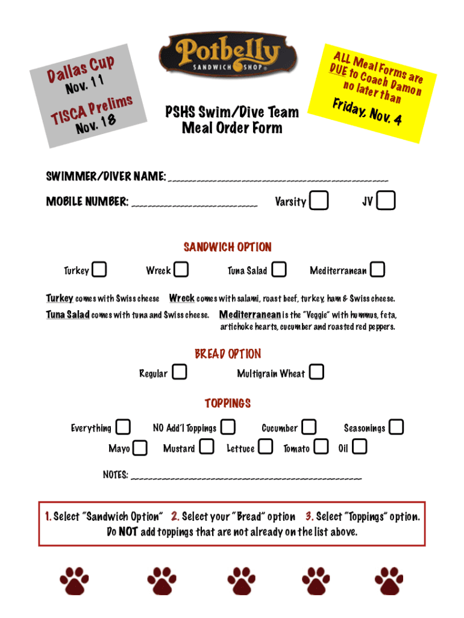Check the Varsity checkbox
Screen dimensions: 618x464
click(319, 201)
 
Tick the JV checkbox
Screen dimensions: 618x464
click(386, 201)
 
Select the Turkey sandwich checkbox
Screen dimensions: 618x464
click(100, 270)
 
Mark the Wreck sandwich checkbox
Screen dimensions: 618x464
click(181, 270)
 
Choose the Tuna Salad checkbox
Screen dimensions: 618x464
click(279, 270)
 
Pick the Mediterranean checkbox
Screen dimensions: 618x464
click(378, 270)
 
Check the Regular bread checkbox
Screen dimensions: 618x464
click(179, 372)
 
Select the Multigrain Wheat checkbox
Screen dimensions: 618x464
click(316, 372)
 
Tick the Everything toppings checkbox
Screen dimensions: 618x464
click(123, 427)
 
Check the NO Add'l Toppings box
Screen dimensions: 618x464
click(228, 427)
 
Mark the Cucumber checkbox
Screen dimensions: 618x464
click(309, 427)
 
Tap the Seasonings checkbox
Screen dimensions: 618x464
click(397, 427)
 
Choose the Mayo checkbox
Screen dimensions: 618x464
click(140, 448)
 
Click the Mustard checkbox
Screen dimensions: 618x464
click(207, 447)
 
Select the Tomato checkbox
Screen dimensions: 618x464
click(322, 447)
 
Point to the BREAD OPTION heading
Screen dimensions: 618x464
click(228, 354)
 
